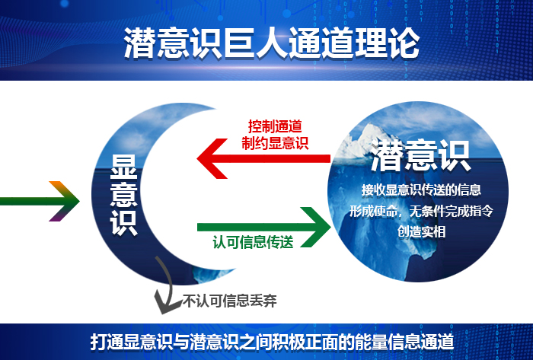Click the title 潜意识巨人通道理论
pyautogui.click(x=271, y=43)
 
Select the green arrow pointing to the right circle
pyautogui.click(x=266, y=225)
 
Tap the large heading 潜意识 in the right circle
pyautogui.click(x=420, y=156)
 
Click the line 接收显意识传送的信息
pyautogui.click(x=420, y=190)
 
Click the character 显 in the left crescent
pyautogui.click(x=123, y=167)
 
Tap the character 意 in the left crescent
pyautogui.click(x=123, y=193)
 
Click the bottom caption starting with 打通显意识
pyautogui.click(x=271, y=341)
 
